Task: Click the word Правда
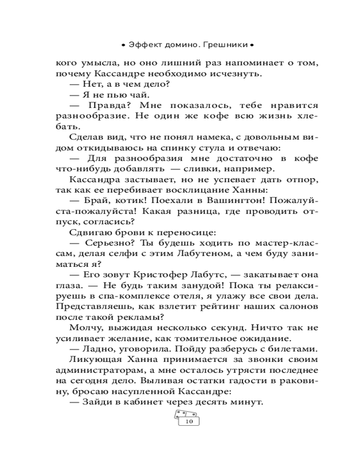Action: pyautogui.click(x=108, y=105)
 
